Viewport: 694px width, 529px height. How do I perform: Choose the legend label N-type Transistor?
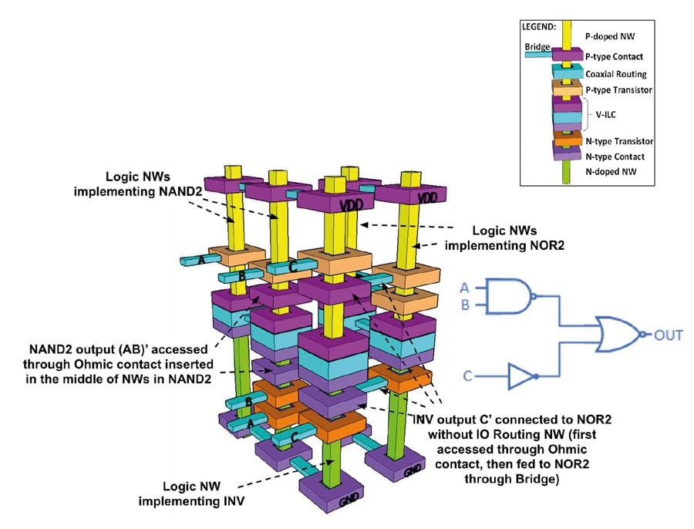pos(619,141)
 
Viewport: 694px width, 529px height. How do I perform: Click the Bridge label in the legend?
pos(536,47)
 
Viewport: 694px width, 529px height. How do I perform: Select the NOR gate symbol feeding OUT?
pos(618,334)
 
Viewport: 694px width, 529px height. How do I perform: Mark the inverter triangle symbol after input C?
pos(522,377)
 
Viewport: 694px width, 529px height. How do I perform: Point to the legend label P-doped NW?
pos(609,36)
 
